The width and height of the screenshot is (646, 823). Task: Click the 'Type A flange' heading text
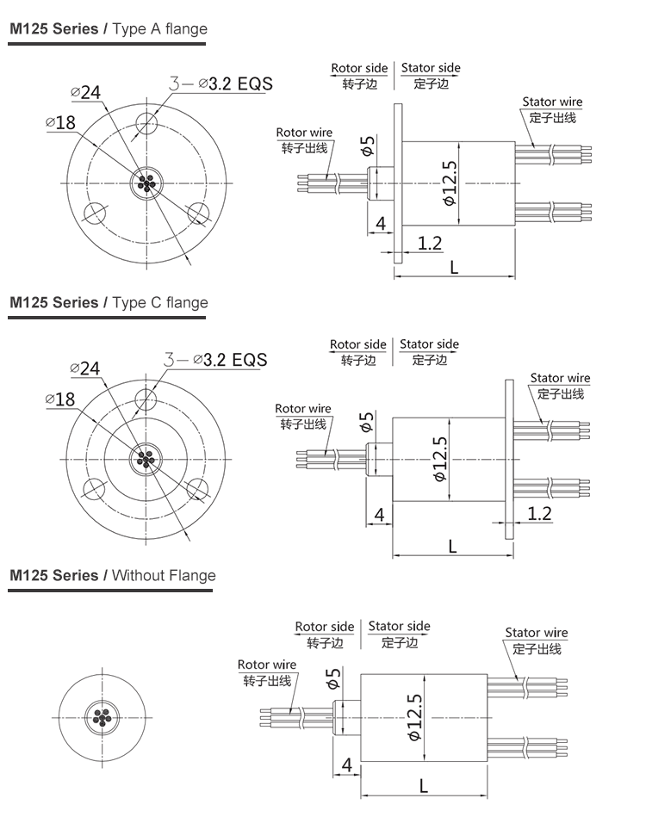tap(160, 29)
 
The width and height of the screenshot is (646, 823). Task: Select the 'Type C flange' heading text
tap(160, 303)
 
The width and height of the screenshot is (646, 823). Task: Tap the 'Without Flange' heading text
tap(164, 576)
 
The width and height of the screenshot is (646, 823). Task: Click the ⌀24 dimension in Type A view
tap(86, 92)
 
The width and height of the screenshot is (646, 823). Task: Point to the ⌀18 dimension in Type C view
tap(59, 399)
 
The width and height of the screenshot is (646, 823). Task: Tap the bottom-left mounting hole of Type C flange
tap(93, 488)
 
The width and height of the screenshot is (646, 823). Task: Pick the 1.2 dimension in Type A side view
tap(429, 244)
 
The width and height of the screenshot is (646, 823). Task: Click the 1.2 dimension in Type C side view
tap(538, 514)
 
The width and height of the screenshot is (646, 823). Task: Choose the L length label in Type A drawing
tap(453, 267)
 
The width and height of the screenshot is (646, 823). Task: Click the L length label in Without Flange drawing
tap(423, 785)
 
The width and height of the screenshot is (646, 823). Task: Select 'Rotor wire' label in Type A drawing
tap(304, 133)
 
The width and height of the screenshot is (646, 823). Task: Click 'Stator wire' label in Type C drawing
tap(560, 378)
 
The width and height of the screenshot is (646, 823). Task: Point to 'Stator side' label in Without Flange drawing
tap(399, 626)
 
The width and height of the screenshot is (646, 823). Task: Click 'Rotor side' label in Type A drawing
tap(359, 68)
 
